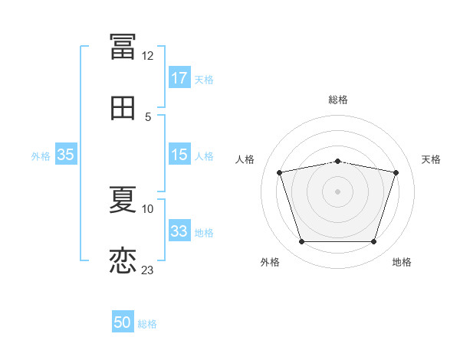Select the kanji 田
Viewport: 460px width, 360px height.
[x=123, y=108]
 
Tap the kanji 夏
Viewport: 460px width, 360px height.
[x=123, y=199]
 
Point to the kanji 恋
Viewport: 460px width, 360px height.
[x=123, y=260]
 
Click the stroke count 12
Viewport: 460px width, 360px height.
[x=147, y=56]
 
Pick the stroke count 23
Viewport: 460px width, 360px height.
[x=147, y=270]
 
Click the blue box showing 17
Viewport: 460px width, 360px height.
[x=179, y=78]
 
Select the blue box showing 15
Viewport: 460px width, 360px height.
[x=179, y=155]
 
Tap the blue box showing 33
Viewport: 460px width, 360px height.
[x=179, y=232]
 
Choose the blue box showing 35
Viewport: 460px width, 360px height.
[x=66, y=155]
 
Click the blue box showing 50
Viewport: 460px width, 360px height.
[x=123, y=323]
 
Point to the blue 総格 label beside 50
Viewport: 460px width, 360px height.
[x=147, y=324]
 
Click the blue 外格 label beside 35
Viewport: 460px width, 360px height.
[x=41, y=156]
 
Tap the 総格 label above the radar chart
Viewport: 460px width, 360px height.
[x=338, y=100]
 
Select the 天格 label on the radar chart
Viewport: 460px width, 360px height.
[x=431, y=159]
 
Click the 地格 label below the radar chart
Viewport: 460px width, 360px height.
[x=402, y=262]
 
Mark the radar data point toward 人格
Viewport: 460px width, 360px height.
[x=280, y=173]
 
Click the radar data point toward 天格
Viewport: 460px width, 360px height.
[x=396, y=173]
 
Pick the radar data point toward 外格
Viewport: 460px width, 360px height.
[x=302, y=242]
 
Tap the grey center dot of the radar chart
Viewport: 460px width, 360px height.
[x=338, y=191]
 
